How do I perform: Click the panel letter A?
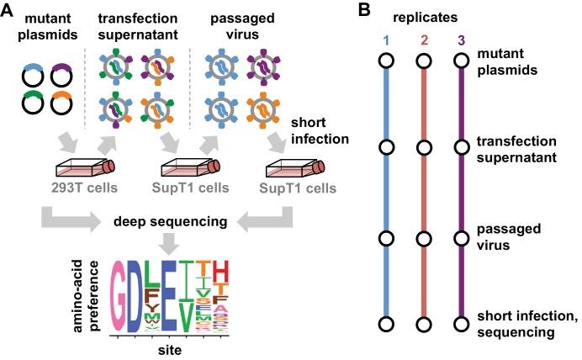(9, 11)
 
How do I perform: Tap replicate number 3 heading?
(459, 40)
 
